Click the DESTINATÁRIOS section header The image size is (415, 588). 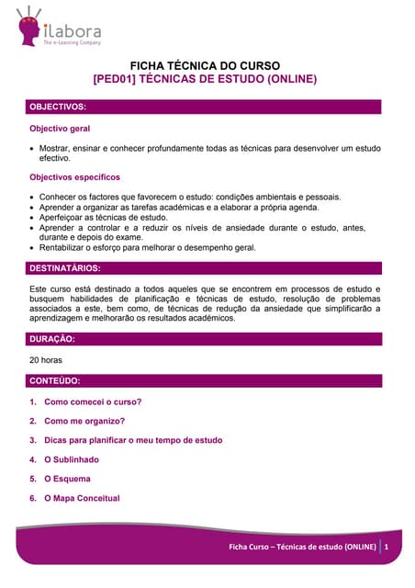(x=66, y=268)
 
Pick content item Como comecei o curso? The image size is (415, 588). (x=93, y=401)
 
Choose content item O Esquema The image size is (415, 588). (x=67, y=479)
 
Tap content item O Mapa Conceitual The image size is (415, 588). (x=82, y=498)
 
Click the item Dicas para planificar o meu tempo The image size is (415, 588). (x=132, y=440)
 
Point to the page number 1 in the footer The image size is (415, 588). (x=387, y=548)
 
